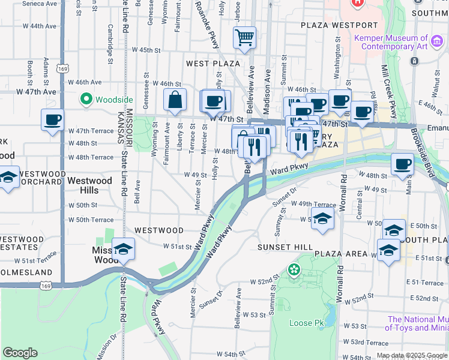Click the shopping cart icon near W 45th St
[x=244, y=38]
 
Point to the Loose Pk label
[x=301, y=323]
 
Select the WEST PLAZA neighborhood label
[x=213, y=63]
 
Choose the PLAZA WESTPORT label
[x=339, y=25]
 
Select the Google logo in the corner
[x=20, y=353]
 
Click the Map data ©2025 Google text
[x=412, y=355]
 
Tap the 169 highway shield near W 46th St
[x=63, y=69]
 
